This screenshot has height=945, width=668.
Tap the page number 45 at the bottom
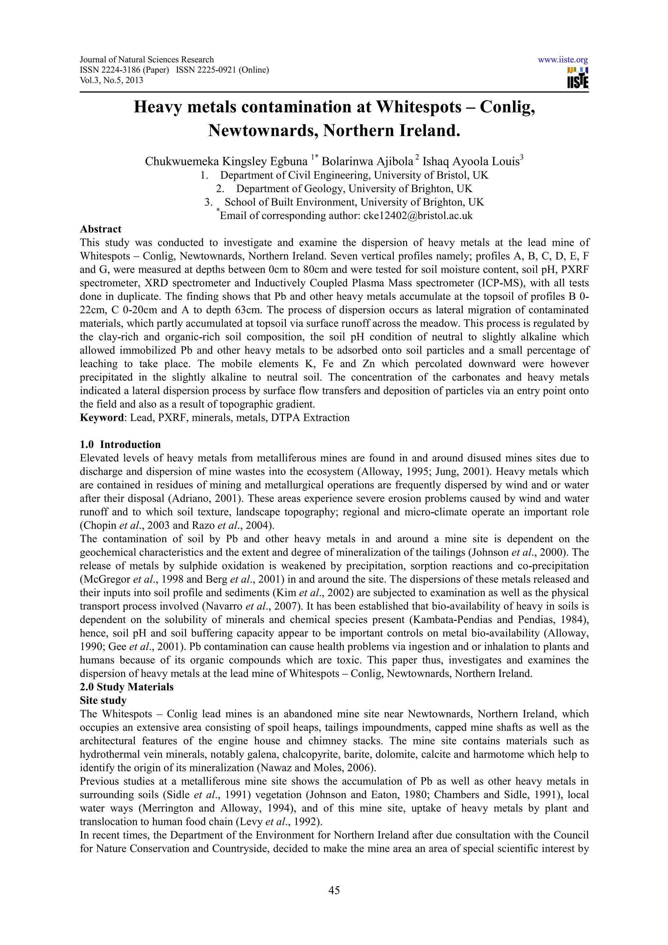pyautogui.click(x=334, y=890)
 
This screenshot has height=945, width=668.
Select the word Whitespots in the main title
pyautogui.click(x=419, y=107)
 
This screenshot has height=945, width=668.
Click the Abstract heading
pyautogui.click(x=100, y=229)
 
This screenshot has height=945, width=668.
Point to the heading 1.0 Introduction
pyautogui.click(x=120, y=444)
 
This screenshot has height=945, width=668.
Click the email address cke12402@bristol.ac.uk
pyautogui.click(x=418, y=216)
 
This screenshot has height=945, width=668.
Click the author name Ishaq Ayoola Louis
pyautogui.click(x=471, y=161)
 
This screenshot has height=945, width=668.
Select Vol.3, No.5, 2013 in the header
pyautogui.click(x=111, y=80)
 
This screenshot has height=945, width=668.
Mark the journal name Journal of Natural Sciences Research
pyautogui.click(x=146, y=60)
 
